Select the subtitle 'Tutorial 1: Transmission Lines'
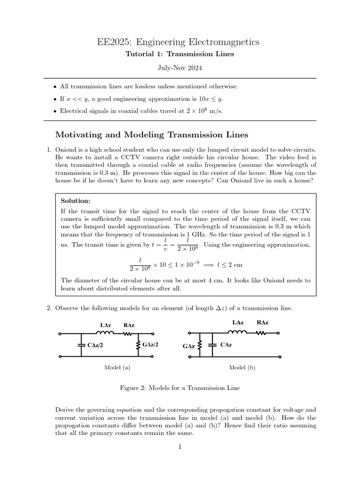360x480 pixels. point(180,54)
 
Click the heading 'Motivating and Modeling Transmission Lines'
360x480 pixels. point(151,135)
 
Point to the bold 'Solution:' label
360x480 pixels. point(76,201)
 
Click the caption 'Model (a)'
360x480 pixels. point(117,368)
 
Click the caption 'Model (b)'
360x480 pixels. point(242,368)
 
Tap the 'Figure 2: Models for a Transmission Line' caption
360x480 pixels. point(180,388)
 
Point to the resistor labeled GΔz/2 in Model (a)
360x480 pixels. point(138,345)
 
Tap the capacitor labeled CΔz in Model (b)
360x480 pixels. point(213,345)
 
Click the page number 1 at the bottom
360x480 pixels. point(180,447)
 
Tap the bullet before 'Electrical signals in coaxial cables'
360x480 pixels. point(56,111)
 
